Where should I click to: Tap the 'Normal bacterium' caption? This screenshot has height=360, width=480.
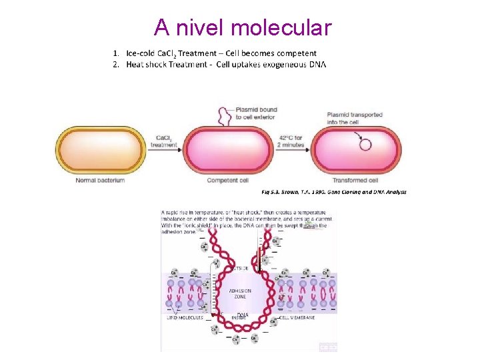click(x=100, y=180)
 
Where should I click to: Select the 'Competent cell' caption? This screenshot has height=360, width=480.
click(x=228, y=180)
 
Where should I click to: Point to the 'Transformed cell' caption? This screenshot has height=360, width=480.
click(x=355, y=180)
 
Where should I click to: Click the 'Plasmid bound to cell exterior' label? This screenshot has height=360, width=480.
click(x=256, y=113)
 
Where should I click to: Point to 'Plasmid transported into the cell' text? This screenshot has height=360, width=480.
click(x=355, y=118)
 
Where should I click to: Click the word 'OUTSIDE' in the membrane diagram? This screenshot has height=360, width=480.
click(x=240, y=268)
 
